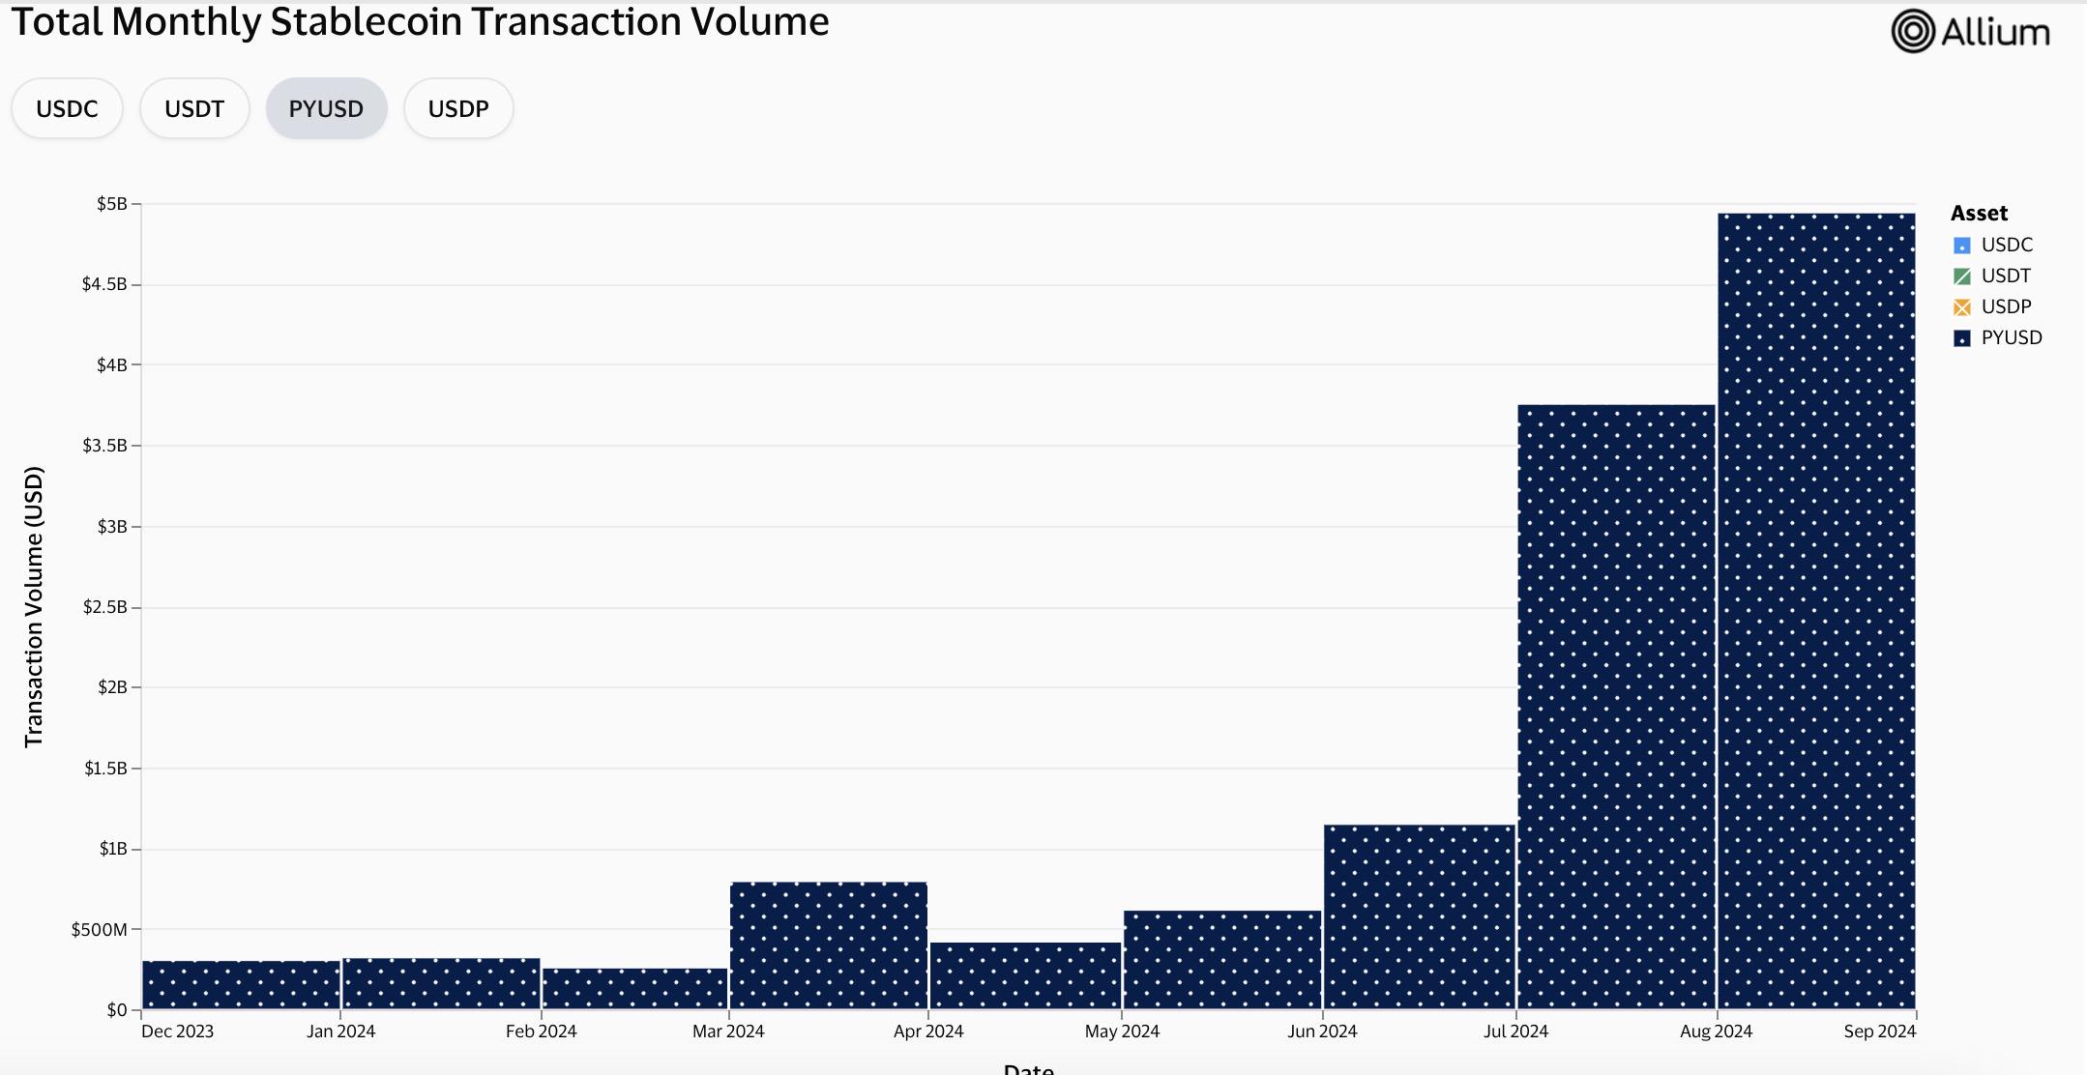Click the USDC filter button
[67, 108]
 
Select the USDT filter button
[194, 108]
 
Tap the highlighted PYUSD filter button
[326, 108]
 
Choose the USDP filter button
[458, 108]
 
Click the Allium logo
[1970, 32]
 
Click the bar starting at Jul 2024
[1616, 707]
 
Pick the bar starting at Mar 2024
[829, 945]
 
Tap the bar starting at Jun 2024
[1419, 916]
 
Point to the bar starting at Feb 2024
[634, 988]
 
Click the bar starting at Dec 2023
[241, 984]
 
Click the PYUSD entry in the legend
[2011, 337]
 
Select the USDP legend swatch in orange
[1962, 307]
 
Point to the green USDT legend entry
[2005, 276]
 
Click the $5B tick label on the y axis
[111, 204]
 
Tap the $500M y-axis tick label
[99, 929]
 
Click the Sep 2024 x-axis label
[1879, 1031]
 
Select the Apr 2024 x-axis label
[928, 1031]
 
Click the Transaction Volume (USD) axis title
[34, 606]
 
